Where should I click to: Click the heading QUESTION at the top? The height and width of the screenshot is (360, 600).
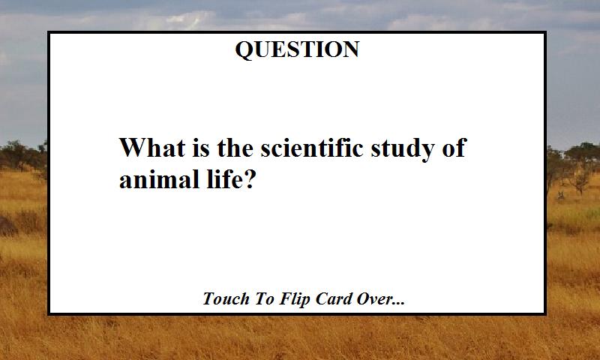297,49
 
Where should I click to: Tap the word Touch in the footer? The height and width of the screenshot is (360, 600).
225,299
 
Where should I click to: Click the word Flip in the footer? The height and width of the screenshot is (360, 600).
295,299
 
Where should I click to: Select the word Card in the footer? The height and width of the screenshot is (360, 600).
335,299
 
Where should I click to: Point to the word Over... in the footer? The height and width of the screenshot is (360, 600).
382,299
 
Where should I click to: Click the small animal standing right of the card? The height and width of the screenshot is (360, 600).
559,196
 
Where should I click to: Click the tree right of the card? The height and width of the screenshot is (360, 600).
579,161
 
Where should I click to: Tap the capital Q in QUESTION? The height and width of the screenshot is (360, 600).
243,50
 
